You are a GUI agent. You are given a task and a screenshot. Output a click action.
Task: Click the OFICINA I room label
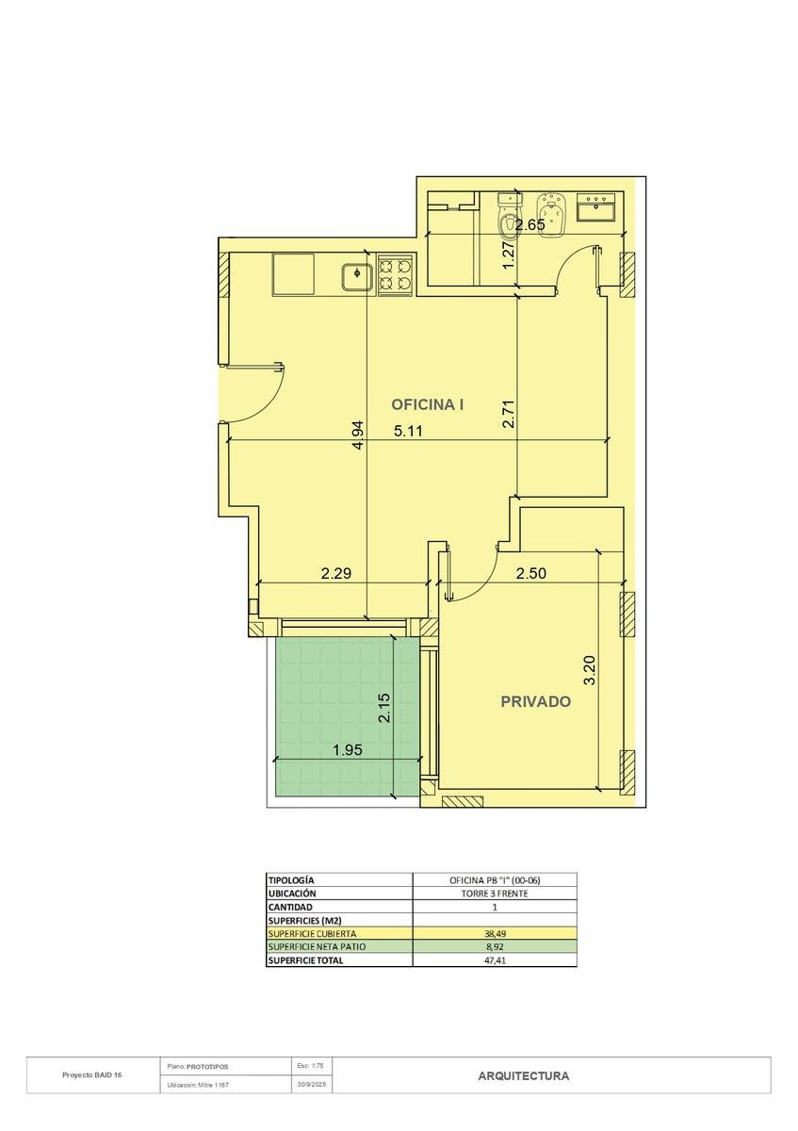click(428, 404)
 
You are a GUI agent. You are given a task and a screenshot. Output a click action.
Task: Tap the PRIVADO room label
click(535, 701)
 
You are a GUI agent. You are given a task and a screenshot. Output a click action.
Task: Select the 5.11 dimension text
click(408, 431)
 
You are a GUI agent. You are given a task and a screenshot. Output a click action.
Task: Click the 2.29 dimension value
click(336, 573)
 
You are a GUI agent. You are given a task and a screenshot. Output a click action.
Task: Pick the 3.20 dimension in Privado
click(590, 670)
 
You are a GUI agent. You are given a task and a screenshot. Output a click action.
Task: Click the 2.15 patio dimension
click(384, 708)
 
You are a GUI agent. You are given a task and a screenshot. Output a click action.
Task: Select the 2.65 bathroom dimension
click(530, 224)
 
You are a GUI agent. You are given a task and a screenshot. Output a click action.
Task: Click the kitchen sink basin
click(357, 277)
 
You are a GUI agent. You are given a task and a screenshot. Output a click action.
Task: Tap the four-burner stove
click(395, 274)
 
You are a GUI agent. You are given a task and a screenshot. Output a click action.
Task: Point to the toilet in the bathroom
click(508, 215)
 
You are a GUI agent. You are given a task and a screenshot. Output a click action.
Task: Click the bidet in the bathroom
click(549, 215)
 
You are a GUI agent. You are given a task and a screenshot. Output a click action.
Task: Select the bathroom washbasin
click(596, 207)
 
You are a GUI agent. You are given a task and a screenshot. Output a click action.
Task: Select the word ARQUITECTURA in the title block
click(524, 1075)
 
